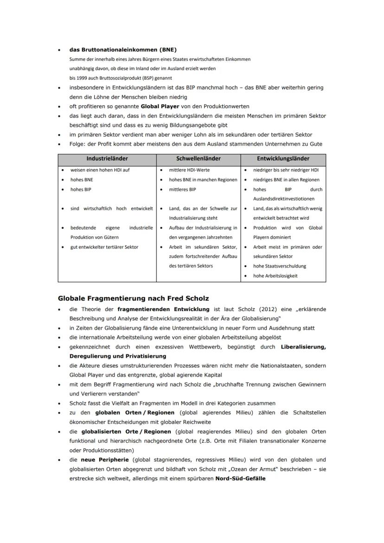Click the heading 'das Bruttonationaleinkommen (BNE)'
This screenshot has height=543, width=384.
coord(122,50)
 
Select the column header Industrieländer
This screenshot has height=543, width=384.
coord(107,159)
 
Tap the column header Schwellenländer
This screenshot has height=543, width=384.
coord(198,159)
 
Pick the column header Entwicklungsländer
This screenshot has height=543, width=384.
coord(283,159)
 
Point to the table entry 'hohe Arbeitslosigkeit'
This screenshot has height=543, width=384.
coord(275,276)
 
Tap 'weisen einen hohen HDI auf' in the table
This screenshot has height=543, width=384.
coord(100,170)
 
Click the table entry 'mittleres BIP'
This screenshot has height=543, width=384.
coord(182,190)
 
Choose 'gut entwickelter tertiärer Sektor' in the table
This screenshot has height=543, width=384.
coord(104,247)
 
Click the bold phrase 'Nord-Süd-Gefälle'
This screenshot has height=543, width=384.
coord(240,479)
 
